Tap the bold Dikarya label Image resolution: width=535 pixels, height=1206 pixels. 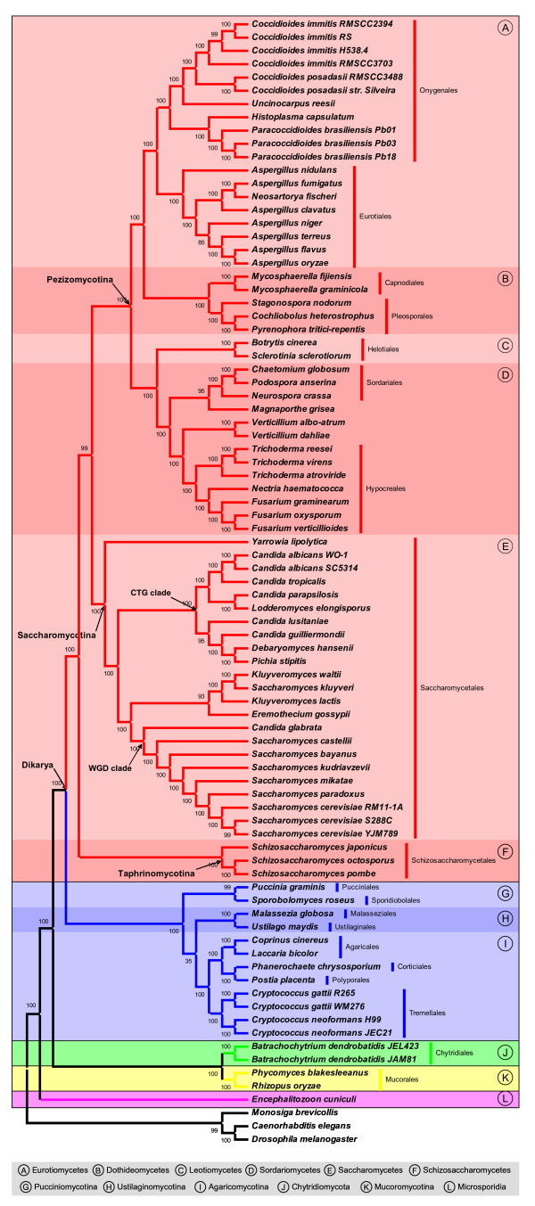(39, 765)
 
